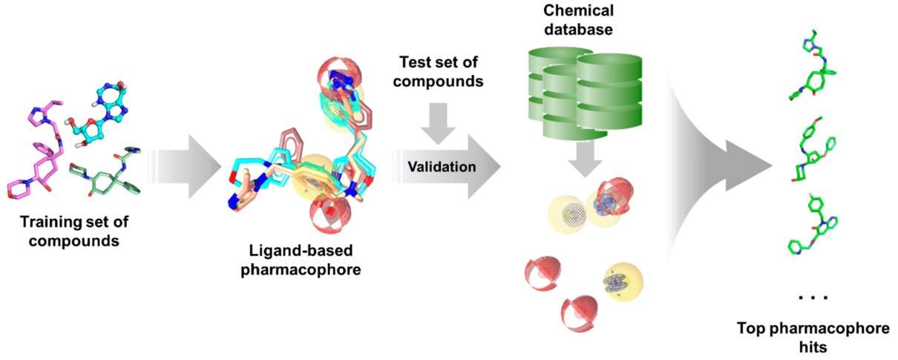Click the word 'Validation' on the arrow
point(441,167)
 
